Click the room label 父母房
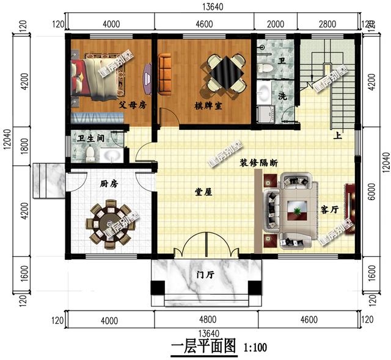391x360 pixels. (x=132, y=104)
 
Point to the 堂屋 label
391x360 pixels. (x=203, y=192)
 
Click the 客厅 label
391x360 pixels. (x=329, y=210)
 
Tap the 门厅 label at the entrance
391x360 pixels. (x=205, y=275)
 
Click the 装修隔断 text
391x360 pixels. (x=259, y=164)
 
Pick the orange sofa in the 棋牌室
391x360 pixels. (x=164, y=73)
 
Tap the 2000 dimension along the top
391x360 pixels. (x=276, y=24)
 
